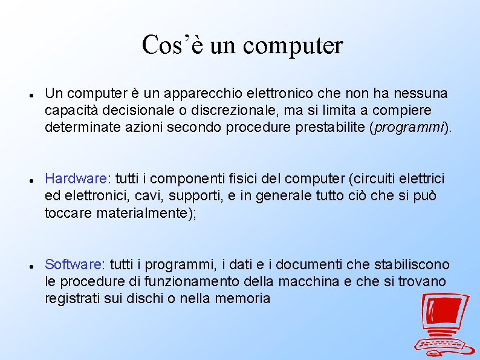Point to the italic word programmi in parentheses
pos(410,128)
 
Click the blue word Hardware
pos(76,179)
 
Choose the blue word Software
pos(74,264)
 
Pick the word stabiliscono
pos(412,264)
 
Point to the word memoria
pos(244,298)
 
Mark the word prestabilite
pos(329,128)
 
